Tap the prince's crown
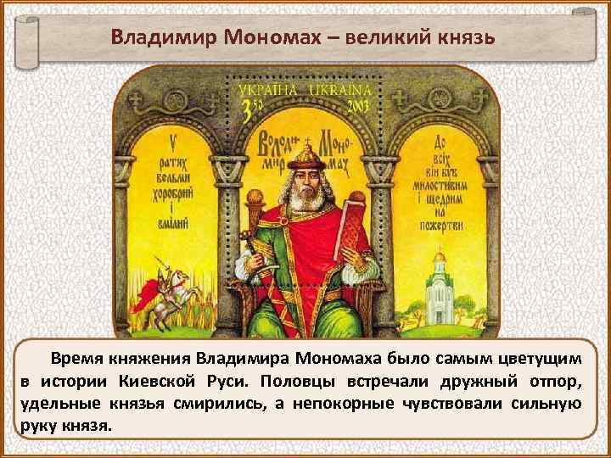click(x=307, y=150)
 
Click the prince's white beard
click(x=306, y=198)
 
